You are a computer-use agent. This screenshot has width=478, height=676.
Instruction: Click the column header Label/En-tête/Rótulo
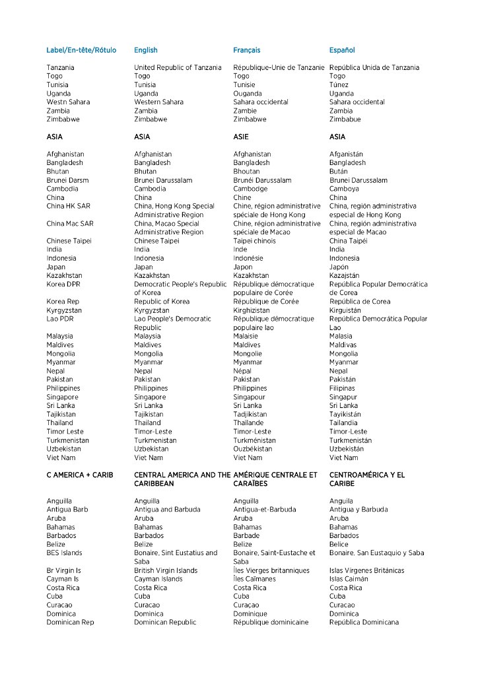tap(81, 50)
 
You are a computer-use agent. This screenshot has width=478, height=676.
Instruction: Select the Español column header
tap(342, 50)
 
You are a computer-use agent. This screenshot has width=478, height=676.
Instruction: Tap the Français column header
tap(247, 50)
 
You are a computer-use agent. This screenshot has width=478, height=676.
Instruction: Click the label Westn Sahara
tap(68, 102)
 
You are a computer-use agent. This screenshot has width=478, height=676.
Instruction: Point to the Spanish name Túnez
tap(339, 85)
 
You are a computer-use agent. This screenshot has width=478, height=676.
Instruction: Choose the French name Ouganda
tap(248, 94)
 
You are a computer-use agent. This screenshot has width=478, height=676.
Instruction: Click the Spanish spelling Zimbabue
tap(345, 119)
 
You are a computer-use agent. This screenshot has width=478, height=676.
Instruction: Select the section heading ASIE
tap(241, 137)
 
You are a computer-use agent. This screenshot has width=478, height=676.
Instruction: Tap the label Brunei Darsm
tap(67, 180)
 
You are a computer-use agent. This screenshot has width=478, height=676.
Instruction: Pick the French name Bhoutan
tap(248, 172)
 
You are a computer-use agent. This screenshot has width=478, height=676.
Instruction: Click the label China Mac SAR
tap(70, 224)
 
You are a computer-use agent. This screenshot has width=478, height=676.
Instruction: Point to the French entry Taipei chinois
tap(255, 241)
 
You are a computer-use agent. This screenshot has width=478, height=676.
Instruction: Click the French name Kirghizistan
tap(252, 310)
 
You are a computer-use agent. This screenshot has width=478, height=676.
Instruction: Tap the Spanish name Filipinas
tap(342, 388)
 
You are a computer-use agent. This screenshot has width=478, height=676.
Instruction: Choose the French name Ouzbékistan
tap(253, 449)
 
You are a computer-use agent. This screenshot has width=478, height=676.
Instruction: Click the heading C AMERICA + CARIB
tap(80, 475)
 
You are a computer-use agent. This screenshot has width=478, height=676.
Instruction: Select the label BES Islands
tap(65, 553)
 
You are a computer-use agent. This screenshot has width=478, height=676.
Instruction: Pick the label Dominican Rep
tap(70, 623)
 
